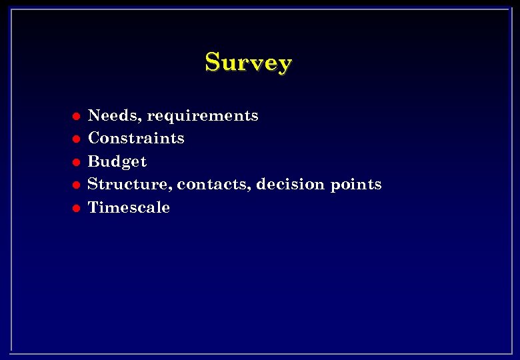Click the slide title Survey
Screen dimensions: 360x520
(248, 62)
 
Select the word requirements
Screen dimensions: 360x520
(203, 116)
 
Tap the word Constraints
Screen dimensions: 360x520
(136, 138)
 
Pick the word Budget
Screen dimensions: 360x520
(117, 161)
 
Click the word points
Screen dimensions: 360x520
(356, 184)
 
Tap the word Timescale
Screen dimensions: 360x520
(129, 207)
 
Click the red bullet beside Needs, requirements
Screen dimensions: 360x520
(76, 116)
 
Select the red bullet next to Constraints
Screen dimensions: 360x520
(76, 139)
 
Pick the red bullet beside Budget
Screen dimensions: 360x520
(76, 162)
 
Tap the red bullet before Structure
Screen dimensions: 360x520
(76, 185)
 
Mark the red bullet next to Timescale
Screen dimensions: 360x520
(76, 207)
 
